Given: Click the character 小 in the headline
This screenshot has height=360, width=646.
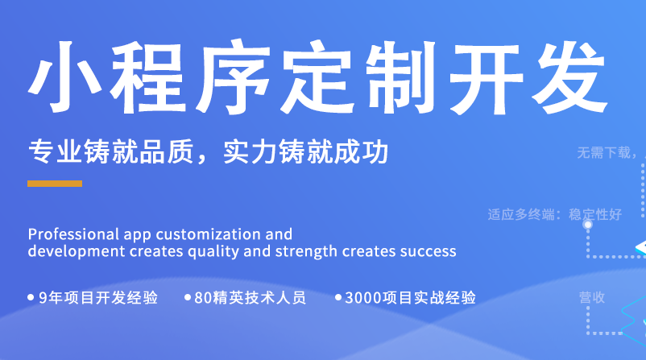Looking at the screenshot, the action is (x=65, y=77).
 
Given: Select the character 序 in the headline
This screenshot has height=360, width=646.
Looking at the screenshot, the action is (x=233, y=77).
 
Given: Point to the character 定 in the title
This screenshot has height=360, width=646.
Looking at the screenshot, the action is (x=317, y=77).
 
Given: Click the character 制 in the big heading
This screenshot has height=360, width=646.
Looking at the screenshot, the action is (x=401, y=77).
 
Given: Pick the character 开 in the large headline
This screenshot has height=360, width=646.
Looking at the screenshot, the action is (x=487, y=78).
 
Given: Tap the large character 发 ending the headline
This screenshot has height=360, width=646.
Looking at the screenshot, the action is (x=570, y=77).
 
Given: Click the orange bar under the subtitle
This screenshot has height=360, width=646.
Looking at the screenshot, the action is (x=55, y=184).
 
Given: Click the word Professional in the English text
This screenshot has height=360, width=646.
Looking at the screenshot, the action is (x=73, y=234).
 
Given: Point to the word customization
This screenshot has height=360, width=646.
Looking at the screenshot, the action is (x=208, y=234).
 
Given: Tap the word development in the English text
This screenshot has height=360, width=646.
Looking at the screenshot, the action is (x=77, y=251).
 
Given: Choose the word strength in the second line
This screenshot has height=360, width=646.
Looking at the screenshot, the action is (x=306, y=251).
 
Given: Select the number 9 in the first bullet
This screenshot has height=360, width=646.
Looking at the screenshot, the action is (x=43, y=298).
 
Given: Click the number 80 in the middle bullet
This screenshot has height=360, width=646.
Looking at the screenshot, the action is (x=203, y=298).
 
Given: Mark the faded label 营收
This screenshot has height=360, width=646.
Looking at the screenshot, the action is (x=592, y=297).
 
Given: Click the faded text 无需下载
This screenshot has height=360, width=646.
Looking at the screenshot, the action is (x=604, y=153).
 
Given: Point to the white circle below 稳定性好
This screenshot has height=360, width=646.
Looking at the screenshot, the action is (x=588, y=225).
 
